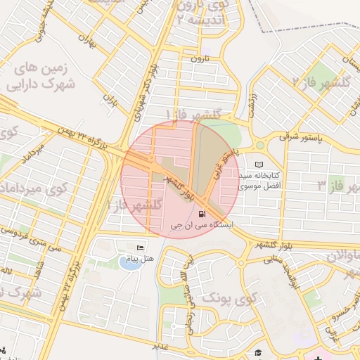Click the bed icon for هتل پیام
pos(141,248)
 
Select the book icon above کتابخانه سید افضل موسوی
pos(259,164)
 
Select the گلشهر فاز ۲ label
pos(326,82)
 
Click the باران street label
pos(110,103)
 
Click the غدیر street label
pos(161,346)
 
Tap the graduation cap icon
pos(258,352)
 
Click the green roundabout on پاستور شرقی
pos(259,144)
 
